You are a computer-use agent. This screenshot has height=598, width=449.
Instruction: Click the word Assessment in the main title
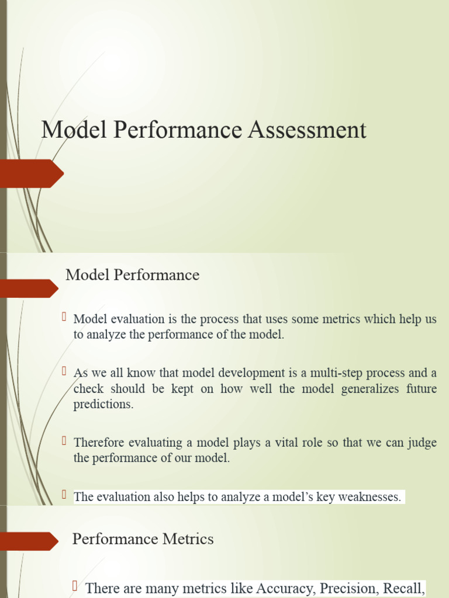click(307, 130)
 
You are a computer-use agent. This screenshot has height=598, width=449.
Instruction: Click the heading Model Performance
click(132, 274)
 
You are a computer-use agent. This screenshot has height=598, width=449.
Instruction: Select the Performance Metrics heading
click(143, 538)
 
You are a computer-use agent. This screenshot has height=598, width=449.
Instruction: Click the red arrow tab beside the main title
click(32, 173)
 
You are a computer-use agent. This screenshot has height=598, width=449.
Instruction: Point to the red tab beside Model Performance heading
click(29, 288)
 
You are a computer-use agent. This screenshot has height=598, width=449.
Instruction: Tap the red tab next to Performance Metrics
click(29, 541)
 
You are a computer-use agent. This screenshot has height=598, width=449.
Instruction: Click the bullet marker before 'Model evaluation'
click(65, 317)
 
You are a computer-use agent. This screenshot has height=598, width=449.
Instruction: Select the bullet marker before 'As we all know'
click(65, 371)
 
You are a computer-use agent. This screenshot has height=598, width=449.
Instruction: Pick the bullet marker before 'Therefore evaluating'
click(65, 440)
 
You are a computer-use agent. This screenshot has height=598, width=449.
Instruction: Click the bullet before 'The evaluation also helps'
click(65, 495)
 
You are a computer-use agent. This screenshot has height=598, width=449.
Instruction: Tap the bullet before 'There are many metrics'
click(75, 586)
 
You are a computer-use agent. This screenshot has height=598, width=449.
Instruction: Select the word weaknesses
click(372, 497)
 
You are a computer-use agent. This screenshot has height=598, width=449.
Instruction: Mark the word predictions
click(103, 404)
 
